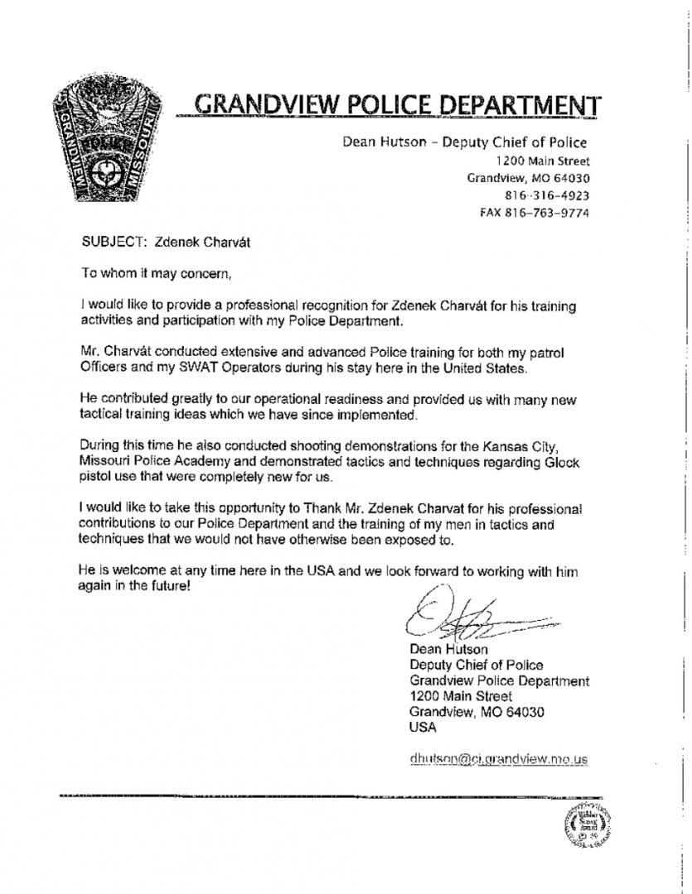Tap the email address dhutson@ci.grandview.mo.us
pos(498,758)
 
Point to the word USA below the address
pos(423,728)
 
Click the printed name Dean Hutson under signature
pos(448,649)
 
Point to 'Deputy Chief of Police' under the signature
pos(477,665)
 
